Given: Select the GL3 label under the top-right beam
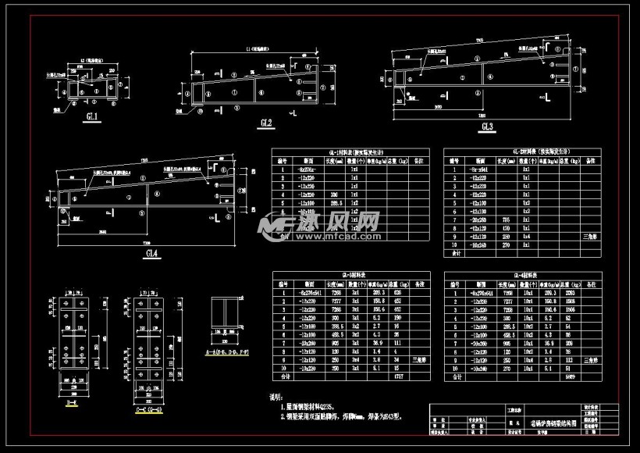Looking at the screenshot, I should [487, 126].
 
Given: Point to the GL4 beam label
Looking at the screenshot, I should [151, 253].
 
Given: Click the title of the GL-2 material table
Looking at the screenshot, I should [519, 152].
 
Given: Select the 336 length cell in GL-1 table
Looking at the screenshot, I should [335, 194].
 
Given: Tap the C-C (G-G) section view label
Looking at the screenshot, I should [148, 408].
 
